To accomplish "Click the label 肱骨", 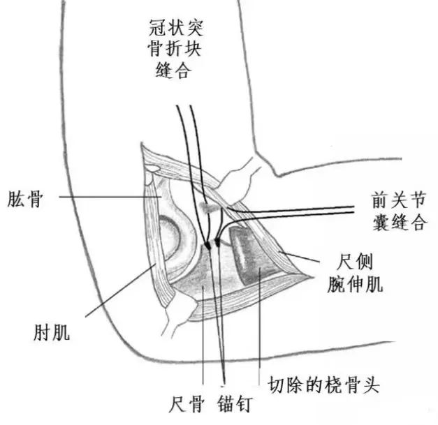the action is [x=27, y=197].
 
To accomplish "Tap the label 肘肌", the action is [x=52, y=332].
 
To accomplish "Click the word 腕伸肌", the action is [x=356, y=283].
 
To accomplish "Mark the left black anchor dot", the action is [x=207, y=245].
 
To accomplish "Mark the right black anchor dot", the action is [x=218, y=243].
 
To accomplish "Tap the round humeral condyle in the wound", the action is [x=172, y=237].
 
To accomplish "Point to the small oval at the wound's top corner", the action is [x=151, y=170].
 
